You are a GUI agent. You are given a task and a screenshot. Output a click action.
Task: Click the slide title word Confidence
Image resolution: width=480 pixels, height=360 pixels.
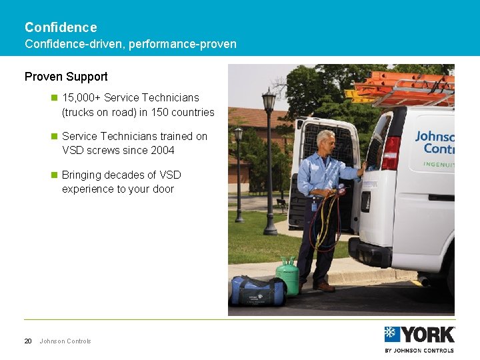pos(61,27)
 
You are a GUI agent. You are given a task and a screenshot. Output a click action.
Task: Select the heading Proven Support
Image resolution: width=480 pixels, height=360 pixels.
pos(66,77)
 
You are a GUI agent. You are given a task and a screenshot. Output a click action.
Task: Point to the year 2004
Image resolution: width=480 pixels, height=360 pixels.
pos(162,150)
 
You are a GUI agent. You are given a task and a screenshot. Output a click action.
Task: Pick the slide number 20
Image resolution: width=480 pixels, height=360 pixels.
pos(28,341)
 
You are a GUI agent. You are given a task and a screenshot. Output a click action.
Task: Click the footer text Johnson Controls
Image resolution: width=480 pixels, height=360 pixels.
pos(65,341)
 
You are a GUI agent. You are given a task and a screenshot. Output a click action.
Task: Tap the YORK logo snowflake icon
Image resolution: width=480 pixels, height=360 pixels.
pos(392,334)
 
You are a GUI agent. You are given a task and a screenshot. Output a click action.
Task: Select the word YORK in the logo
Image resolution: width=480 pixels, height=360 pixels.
pos(427,334)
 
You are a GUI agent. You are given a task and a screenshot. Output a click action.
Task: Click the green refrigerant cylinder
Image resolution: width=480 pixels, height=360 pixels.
pos(287,275)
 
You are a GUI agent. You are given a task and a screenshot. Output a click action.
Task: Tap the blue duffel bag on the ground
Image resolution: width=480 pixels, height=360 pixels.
pos(258,291)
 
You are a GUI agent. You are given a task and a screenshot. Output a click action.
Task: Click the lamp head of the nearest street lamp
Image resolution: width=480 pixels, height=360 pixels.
pos(269,101)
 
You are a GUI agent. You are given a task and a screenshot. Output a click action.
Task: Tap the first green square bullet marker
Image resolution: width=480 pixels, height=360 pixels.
pos(55,98)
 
